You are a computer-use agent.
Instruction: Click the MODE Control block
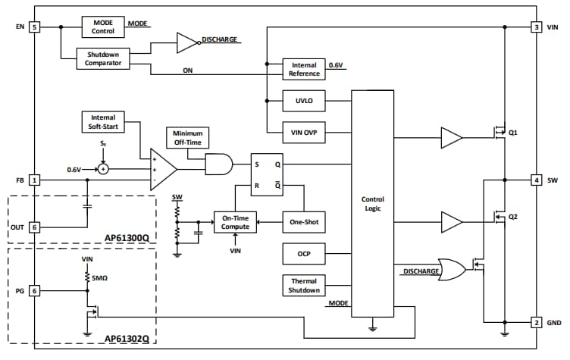[x=103, y=27]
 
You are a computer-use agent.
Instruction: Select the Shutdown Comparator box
[x=103, y=59]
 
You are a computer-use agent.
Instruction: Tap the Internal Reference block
[x=304, y=70]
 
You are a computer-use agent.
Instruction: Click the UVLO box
[x=304, y=100]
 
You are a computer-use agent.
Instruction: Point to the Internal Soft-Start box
[x=103, y=121]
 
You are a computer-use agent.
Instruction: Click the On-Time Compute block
[x=236, y=222]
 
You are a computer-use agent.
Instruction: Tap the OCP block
[x=304, y=255]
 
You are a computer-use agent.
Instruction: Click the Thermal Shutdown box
[x=304, y=286]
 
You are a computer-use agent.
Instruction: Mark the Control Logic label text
[x=373, y=204]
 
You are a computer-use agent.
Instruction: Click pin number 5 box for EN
[x=34, y=27]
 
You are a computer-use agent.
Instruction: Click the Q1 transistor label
[x=513, y=132]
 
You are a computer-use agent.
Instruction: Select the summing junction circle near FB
[x=103, y=169]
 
